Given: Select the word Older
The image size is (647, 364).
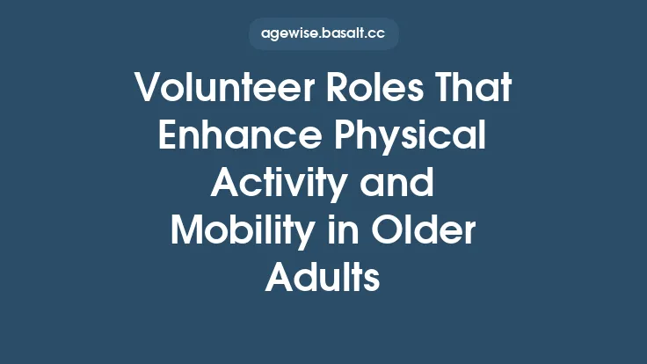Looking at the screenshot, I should coord(425,232).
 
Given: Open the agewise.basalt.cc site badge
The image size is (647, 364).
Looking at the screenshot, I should coord(323,34).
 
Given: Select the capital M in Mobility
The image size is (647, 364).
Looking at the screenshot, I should coord(186,232).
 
